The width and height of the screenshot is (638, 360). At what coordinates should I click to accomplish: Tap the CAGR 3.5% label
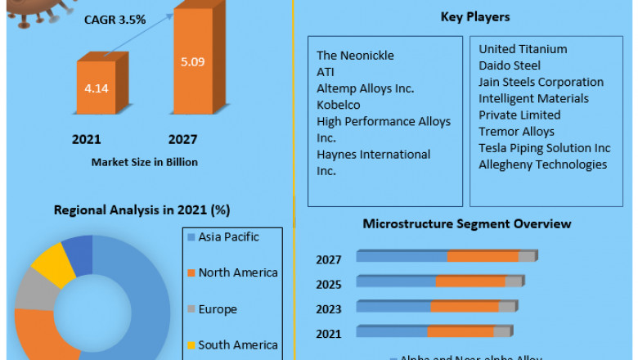(115, 19)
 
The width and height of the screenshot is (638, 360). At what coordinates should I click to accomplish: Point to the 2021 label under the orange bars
(87, 140)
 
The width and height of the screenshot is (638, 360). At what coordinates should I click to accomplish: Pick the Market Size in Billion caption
(145, 162)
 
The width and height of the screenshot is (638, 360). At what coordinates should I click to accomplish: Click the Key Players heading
(474, 16)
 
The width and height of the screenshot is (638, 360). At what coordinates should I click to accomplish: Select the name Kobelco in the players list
(339, 105)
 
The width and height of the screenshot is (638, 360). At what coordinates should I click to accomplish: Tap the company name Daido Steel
(510, 65)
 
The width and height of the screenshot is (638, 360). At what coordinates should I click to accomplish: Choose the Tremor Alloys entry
(516, 131)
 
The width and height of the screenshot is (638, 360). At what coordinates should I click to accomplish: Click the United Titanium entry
(523, 49)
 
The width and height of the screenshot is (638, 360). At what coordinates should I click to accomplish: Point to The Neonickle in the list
(355, 56)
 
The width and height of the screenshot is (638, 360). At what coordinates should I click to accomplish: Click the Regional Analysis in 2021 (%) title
(142, 209)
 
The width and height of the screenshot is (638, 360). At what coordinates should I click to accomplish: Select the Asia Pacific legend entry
(228, 237)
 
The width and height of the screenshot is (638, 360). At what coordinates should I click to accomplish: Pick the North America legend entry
(237, 272)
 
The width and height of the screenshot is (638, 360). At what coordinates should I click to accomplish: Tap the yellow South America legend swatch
(191, 345)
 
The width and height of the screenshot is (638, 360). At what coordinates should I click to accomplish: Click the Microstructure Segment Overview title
(467, 223)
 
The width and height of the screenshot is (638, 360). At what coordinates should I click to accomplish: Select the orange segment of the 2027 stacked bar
(483, 256)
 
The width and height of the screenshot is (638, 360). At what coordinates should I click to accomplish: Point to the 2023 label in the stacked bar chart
(329, 309)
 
